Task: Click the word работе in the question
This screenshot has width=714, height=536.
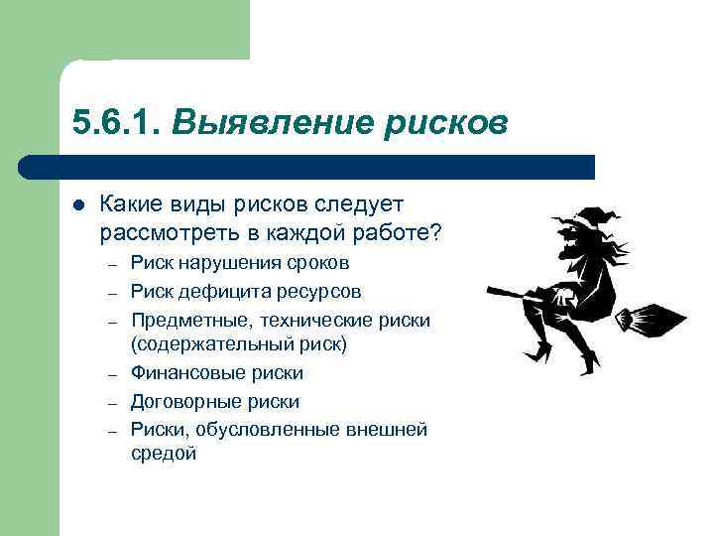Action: coord(390,232)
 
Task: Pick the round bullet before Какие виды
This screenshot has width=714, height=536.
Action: coord(78,205)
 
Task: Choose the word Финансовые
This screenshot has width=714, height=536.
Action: coord(184,373)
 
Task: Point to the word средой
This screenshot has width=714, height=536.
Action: coord(164,454)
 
